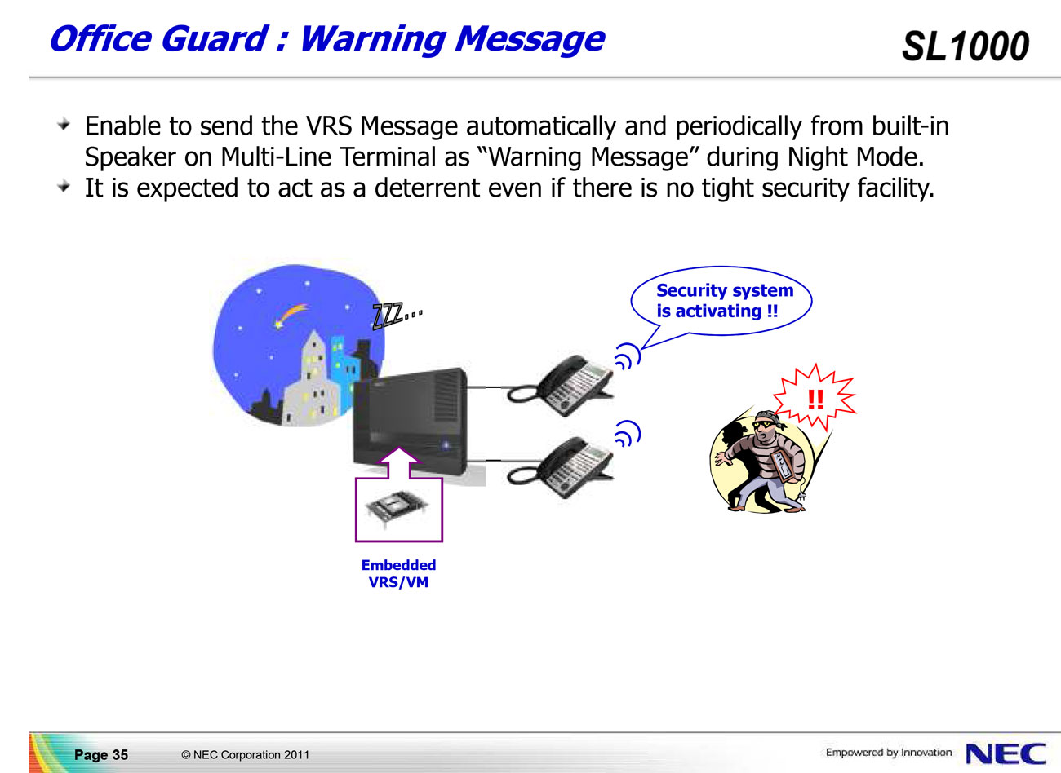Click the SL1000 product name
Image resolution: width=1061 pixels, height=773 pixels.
tap(966, 46)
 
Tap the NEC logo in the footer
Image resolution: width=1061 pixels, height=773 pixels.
tap(1006, 753)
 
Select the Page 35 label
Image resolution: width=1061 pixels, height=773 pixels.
tap(101, 754)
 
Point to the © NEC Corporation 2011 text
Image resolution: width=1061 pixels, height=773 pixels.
tap(245, 754)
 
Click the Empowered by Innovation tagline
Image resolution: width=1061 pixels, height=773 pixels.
tap(889, 752)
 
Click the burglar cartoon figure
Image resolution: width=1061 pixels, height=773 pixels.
tap(762, 462)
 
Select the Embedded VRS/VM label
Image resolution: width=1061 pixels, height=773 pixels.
tap(398, 573)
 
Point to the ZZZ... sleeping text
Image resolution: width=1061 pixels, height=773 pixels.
tap(397, 315)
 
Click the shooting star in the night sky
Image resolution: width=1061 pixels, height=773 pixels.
tap(290, 316)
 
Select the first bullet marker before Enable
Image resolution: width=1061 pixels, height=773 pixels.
tap(64, 125)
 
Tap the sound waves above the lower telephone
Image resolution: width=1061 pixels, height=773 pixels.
tap(628, 434)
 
